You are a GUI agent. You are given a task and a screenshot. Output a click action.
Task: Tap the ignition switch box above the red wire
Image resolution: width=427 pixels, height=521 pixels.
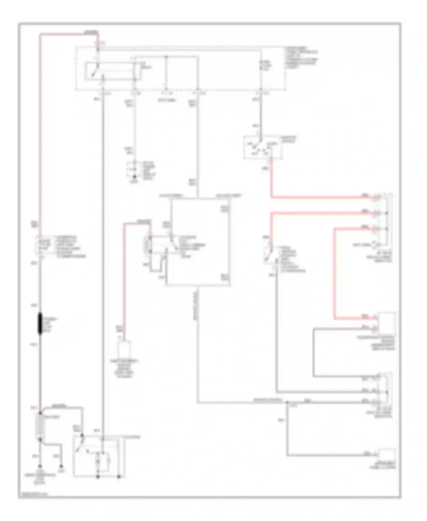tap(262, 147)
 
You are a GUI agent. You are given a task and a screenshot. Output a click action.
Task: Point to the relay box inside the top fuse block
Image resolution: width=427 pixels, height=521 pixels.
tap(112, 71)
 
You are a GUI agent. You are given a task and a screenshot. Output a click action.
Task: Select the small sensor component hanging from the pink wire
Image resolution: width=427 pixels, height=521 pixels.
tap(124, 349)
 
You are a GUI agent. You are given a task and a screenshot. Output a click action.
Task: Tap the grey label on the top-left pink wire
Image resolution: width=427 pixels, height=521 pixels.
tap(91, 32)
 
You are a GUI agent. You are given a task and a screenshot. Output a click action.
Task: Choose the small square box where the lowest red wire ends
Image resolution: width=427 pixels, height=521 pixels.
tap(386, 323)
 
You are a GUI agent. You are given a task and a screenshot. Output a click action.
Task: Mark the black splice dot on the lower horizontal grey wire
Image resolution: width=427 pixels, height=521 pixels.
tap(287, 402)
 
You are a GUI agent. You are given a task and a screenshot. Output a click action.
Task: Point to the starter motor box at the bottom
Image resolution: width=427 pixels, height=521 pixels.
tap(98, 456)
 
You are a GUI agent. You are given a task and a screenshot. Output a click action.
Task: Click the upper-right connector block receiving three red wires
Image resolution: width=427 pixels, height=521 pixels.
tap(384, 221)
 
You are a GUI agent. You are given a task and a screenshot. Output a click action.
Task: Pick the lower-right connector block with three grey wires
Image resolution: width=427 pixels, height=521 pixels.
tap(384, 390)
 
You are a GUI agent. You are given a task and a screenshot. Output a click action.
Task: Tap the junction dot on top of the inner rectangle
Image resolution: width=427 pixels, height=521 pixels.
tap(167, 56)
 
